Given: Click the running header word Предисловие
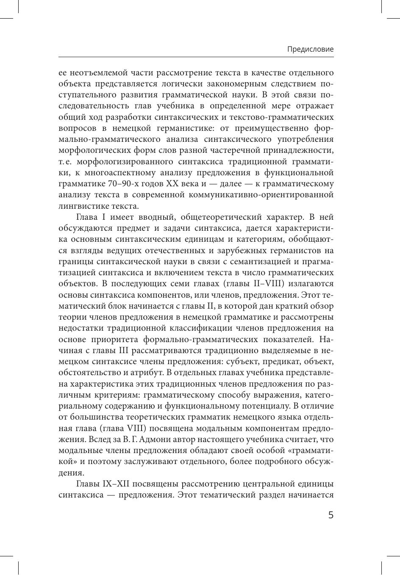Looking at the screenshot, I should point(310,49).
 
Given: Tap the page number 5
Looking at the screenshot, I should point(331,515).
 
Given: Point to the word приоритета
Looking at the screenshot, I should point(109,339).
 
